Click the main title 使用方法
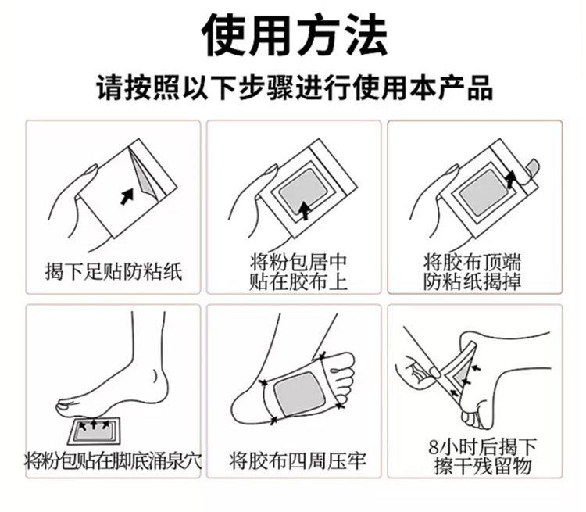pos(295,34)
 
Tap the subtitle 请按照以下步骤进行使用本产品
pos(295,88)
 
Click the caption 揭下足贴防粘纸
pos(113,271)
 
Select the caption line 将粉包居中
pos(298,263)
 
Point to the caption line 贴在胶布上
pos(298,281)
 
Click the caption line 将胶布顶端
pos(472,263)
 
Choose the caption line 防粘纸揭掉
pos(472,281)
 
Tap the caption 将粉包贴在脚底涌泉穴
pos(113,460)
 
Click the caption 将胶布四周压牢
pos(298,460)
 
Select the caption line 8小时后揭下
pos(483,446)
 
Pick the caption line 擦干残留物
pos(483,466)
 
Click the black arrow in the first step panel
pos(127,196)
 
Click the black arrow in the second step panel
pos(306,210)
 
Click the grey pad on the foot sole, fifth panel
pos(298,395)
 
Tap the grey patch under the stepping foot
pos(95,431)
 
